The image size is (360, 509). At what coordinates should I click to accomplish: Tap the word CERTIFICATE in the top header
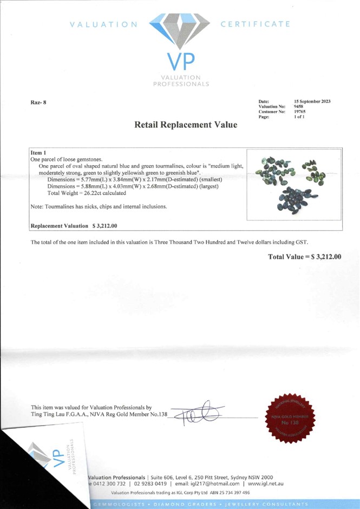click(256, 24)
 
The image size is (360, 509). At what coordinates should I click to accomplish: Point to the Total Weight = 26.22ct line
click(87, 193)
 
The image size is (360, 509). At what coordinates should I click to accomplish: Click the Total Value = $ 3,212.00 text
click(305, 256)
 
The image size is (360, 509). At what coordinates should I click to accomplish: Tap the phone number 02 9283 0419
click(150, 484)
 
